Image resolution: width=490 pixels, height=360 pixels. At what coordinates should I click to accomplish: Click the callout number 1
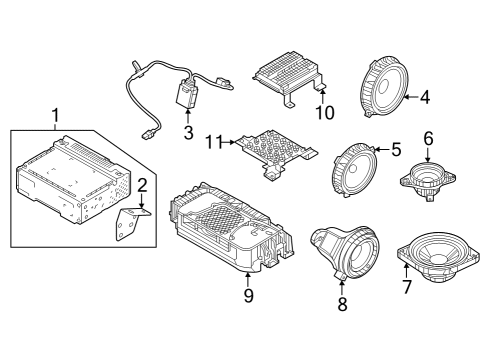(x=56, y=116)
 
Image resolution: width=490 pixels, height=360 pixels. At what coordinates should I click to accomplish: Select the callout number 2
(x=142, y=184)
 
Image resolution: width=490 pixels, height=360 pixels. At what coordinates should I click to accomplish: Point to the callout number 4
(x=425, y=97)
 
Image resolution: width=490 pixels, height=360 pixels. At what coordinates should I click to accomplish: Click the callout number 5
(x=396, y=150)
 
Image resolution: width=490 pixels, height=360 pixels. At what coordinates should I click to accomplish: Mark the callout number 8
(x=342, y=304)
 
